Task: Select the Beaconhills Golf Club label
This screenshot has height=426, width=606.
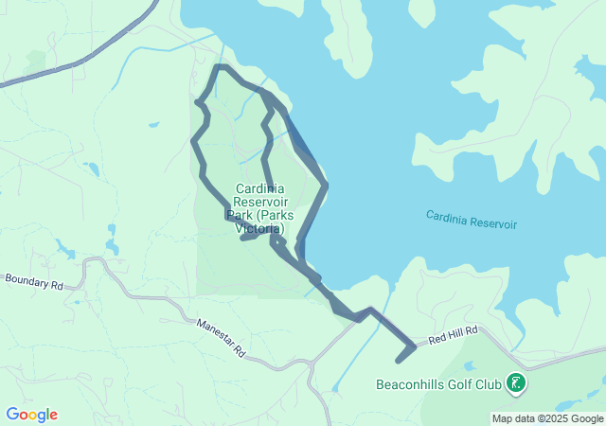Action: [x=439, y=385]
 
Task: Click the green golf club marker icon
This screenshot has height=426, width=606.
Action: [x=517, y=384]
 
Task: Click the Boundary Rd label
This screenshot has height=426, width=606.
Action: [x=34, y=282]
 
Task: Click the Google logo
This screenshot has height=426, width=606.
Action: [x=31, y=415]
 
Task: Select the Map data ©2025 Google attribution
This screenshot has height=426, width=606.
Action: [x=547, y=418]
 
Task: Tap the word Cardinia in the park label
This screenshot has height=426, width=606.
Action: [x=259, y=188]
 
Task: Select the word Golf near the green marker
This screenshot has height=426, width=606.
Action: [x=460, y=385]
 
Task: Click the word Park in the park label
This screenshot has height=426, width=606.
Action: [x=243, y=215]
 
